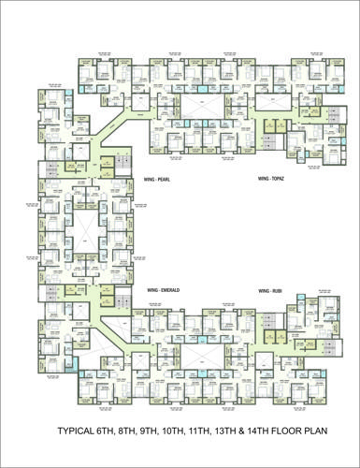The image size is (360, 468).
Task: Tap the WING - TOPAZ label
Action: point(270,177)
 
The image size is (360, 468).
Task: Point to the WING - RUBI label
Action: point(270,292)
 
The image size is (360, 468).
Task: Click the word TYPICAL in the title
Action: point(77,432)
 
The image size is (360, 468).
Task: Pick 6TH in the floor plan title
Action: point(111,432)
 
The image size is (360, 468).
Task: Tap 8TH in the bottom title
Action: point(136,432)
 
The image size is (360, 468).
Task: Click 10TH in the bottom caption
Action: point(186,432)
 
